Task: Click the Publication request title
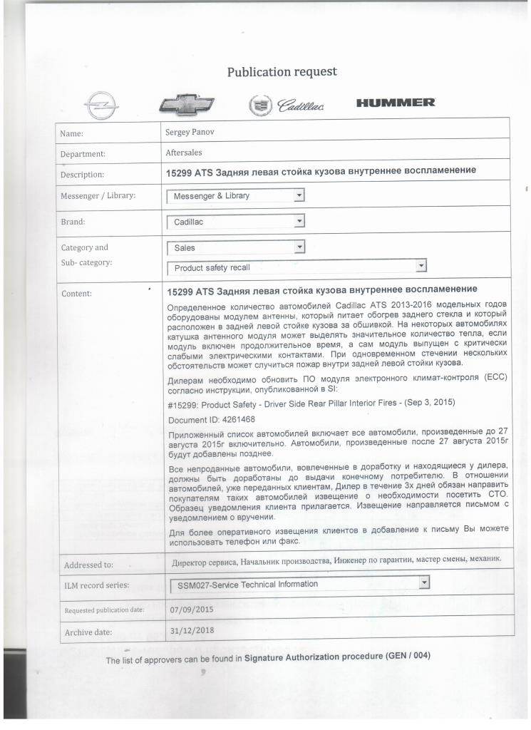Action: [x=282, y=72]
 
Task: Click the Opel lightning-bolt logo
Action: [x=98, y=106]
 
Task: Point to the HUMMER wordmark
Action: [x=396, y=103]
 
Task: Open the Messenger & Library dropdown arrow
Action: [x=299, y=195]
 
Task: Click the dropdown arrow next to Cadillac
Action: [x=299, y=221]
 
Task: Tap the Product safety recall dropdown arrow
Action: [x=421, y=267]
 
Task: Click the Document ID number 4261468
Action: [x=232, y=419]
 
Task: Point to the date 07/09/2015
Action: [x=192, y=610]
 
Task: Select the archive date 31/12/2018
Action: [x=192, y=631]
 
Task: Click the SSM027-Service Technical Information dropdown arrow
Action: [x=425, y=583]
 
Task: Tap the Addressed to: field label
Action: [x=88, y=565]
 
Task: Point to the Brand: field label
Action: [x=73, y=222]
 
